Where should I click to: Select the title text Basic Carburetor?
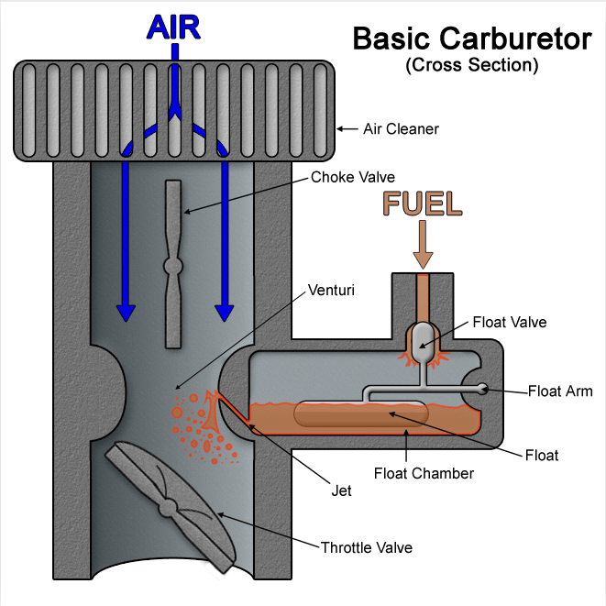click(472, 40)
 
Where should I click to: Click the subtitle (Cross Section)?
click(471, 66)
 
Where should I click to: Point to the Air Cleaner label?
click(400, 129)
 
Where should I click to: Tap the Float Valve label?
click(510, 322)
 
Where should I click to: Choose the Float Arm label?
click(560, 391)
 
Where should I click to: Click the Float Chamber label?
click(424, 474)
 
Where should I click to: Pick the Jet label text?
click(342, 490)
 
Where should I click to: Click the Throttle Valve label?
click(367, 548)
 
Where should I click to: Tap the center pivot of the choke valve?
click(173, 267)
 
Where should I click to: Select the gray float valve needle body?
click(423, 341)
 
